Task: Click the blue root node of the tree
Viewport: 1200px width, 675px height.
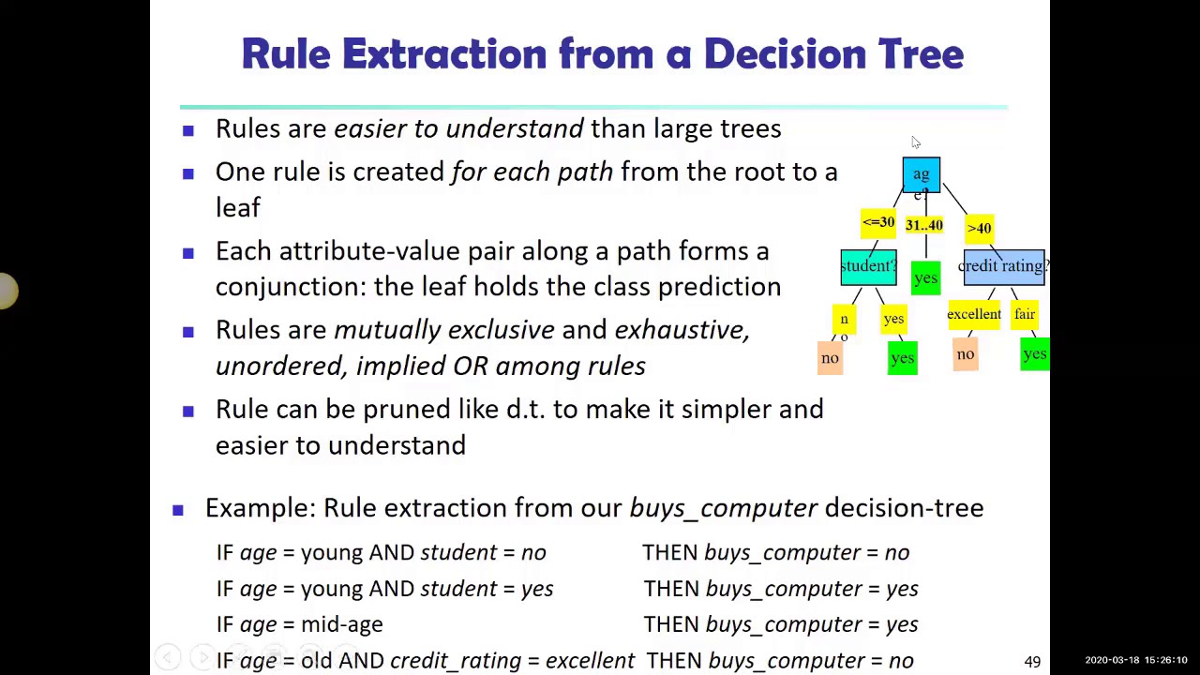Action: (x=921, y=174)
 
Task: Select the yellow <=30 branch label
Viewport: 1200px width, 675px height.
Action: (x=877, y=223)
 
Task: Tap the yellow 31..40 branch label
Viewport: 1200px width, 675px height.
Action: (x=923, y=225)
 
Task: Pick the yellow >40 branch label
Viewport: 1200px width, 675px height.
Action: (x=979, y=228)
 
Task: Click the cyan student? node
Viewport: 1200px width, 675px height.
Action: (x=868, y=266)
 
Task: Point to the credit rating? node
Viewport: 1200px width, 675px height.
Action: (x=1003, y=266)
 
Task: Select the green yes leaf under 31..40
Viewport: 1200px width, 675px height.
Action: (x=925, y=278)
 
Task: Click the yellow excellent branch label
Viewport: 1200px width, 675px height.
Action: (x=973, y=315)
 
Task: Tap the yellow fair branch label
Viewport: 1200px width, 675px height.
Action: (x=1024, y=315)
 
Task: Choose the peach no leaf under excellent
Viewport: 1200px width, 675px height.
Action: (x=965, y=354)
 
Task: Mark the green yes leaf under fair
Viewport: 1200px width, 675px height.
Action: (x=1034, y=353)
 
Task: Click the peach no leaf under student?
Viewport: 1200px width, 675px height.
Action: (x=830, y=358)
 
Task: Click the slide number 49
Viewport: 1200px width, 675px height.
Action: (x=1032, y=662)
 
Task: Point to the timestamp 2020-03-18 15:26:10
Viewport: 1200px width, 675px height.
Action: (x=1135, y=661)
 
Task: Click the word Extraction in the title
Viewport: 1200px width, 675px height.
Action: (x=445, y=54)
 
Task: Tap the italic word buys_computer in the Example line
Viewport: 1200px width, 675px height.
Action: (x=723, y=508)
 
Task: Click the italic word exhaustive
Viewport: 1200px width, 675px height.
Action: (x=681, y=330)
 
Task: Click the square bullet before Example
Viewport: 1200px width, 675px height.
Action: (x=178, y=509)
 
